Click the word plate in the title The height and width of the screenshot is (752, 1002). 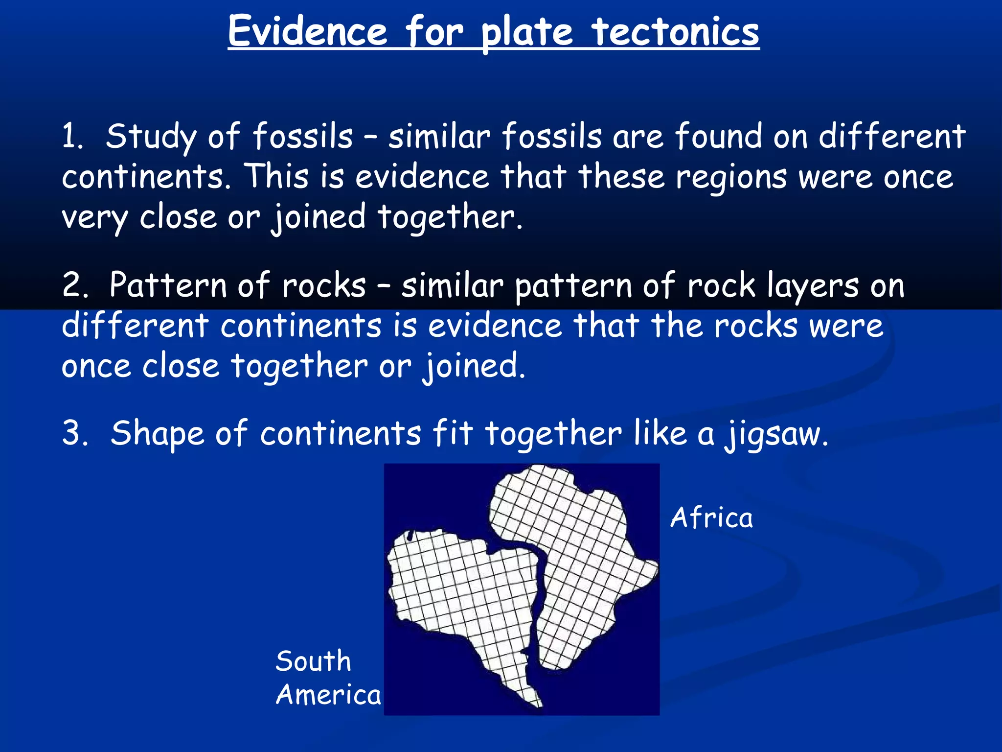pyautogui.click(x=526, y=32)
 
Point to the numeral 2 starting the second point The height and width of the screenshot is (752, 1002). pyautogui.click(x=74, y=285)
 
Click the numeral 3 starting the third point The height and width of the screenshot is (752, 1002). pyautogui.click(x=74, y=433)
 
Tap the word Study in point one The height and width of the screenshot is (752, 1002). pyautogui.click(x=151, y=137)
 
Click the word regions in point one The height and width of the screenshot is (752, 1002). pyautogui.click(x=731, y=177)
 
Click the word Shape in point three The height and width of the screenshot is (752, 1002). pyautogui.click(x=157, y=434)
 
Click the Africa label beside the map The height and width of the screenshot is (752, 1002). pyautogui.click(x=711, y=518)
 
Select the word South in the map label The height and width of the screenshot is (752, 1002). pyautogui.click(x=313, y=661)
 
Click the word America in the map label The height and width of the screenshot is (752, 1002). pyautogui.click(x=328, y=695)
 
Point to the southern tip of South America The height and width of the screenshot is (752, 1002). pyautogui.click(x=538, y=704)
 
